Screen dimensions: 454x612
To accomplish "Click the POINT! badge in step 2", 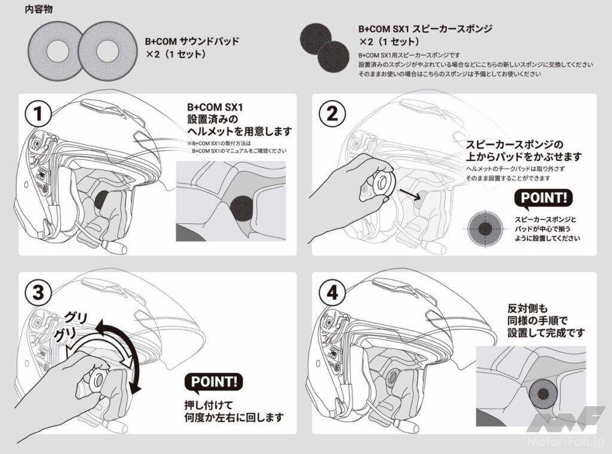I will click(543, 198).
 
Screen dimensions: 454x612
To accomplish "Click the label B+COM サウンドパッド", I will click(192, 42).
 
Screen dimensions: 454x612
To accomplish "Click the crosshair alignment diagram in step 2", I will click(485, 228).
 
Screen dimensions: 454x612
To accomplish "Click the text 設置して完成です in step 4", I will click(544, 332).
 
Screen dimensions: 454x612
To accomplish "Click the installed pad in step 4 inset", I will click(543, 393).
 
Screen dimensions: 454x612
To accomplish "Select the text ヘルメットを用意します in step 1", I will click(238, 131).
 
